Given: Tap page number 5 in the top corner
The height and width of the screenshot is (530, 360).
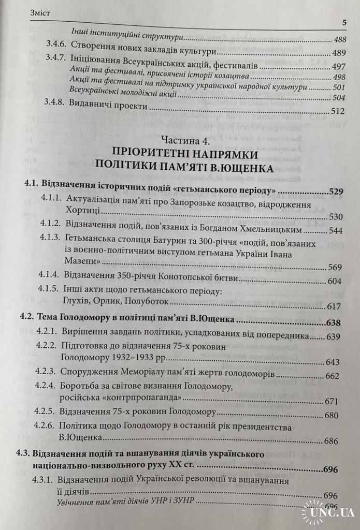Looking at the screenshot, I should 344,22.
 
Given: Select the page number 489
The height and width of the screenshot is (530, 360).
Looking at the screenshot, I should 338,53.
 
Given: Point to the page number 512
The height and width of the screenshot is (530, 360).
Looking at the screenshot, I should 338,111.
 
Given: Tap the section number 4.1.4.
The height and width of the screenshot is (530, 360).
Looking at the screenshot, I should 51,278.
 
